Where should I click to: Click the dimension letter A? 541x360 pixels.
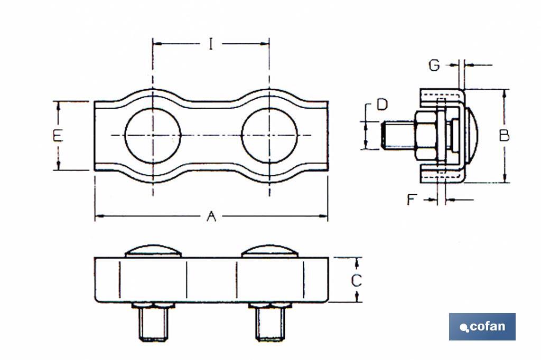tap(211, 216)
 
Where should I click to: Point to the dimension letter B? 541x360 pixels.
tap(505, 136)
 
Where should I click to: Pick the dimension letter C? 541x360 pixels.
tap(357, 280)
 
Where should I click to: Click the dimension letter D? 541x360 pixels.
tap(381, 105)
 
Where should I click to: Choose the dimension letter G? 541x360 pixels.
tap(434, 65)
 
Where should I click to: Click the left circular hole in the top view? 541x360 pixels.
tap(153, 136)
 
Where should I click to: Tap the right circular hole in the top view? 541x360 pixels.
tap(269, 136)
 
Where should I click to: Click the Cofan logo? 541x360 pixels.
tap(482, 327)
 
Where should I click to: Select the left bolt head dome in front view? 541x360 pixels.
tap(153, 251)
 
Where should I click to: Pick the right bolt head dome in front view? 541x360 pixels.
tap(269, 251)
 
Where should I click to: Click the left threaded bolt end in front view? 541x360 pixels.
tap(153, 323)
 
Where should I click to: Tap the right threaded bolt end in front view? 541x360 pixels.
tap(269, 323)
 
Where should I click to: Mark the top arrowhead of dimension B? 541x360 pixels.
tap(505, 93)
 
